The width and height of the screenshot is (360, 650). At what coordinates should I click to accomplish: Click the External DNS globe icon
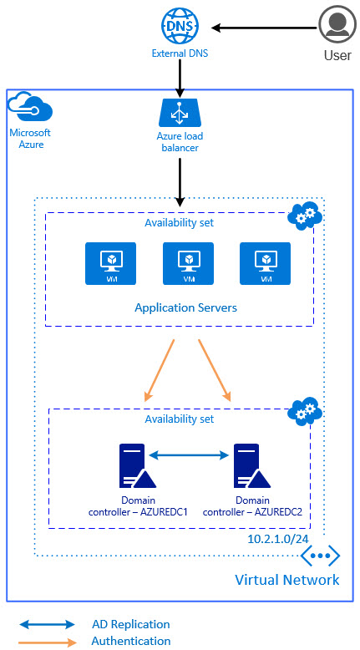coord(180,27)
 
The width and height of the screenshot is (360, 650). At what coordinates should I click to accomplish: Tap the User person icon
coord(338,24)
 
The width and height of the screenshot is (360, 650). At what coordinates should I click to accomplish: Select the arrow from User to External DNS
coord(264,28)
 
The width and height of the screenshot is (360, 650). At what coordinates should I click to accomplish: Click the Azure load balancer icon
coord(180,113)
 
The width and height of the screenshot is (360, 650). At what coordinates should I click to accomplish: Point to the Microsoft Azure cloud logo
coord(31,107)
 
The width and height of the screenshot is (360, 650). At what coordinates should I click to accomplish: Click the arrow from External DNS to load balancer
coord(180,77)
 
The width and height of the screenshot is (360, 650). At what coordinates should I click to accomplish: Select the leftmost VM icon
coord(110,264)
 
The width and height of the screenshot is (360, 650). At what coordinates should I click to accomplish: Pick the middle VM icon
coord(189,264)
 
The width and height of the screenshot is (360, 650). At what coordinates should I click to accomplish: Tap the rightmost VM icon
coord(265,264)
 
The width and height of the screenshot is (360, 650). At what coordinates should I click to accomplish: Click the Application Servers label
coord(186,307)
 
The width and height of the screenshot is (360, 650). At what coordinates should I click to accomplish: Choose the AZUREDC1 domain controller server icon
coord(138,465)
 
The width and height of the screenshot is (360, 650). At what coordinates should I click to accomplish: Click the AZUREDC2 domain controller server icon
coord(252,465)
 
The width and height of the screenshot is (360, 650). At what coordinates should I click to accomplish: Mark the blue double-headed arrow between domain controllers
coord(189,455)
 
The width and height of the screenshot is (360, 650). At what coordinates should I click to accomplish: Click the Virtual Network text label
coord(287,579)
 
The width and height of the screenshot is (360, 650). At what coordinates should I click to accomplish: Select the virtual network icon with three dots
coord(320,556)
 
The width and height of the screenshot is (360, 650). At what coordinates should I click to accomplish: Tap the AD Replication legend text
coord(131,624)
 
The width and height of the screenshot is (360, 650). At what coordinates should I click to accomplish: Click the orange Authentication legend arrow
coord(47,642)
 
